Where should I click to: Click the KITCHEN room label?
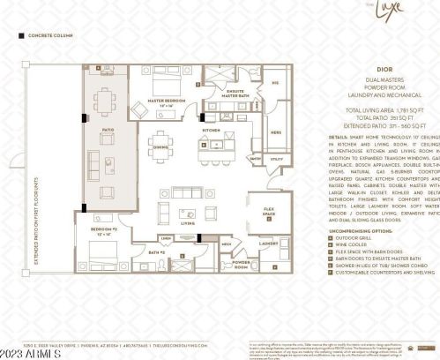(212, 130)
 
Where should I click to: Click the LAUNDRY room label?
(268, 244)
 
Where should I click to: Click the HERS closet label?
(275, 133)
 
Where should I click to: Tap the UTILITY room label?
(275, 161)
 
